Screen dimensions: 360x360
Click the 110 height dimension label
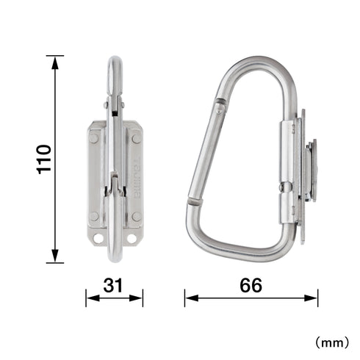click(x=44, y=159)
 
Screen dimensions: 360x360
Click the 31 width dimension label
click(x=112, y=285)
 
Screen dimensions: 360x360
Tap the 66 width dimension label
click(x=251, y=285)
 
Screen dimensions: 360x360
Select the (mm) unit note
click(x=332, y=342)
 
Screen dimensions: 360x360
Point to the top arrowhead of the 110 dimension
click(x=55, y=62)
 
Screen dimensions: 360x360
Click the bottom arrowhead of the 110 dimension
click(x=55, y=256)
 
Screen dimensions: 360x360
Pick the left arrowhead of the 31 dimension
click(x=93, y=298)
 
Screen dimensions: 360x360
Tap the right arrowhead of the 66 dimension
click(x=311, y=298)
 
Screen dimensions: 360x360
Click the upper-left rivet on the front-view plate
click(x=93, y=138)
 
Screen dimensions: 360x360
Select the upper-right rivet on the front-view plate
click(x=137, y=139)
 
